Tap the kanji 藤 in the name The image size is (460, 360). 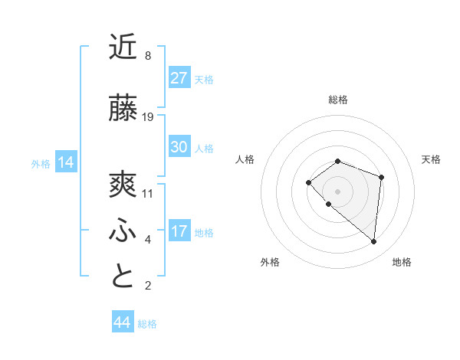coord(123,109)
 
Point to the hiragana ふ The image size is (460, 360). coord(123,231)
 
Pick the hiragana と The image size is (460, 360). coord(123,277)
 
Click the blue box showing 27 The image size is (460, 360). coord(179,78)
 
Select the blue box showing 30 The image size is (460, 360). coord(179,147)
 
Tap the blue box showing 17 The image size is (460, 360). coord(179,231)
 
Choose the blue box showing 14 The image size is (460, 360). coord(65,162)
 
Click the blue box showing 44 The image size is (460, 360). coord(122,322)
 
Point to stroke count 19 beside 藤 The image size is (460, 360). coord(148,117)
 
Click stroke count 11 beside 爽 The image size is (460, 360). coord(148,194)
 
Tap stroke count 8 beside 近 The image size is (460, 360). coord(148,56)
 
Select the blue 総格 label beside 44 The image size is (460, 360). coord(147,324)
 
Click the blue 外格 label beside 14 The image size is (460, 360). coord(41,163)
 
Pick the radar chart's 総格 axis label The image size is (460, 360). coord(337,100)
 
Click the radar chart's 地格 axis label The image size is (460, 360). coord(402,262)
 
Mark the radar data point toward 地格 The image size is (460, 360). coord(373,241)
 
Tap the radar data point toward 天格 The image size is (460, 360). coord(381,177)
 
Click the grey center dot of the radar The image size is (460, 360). coord(337,191)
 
